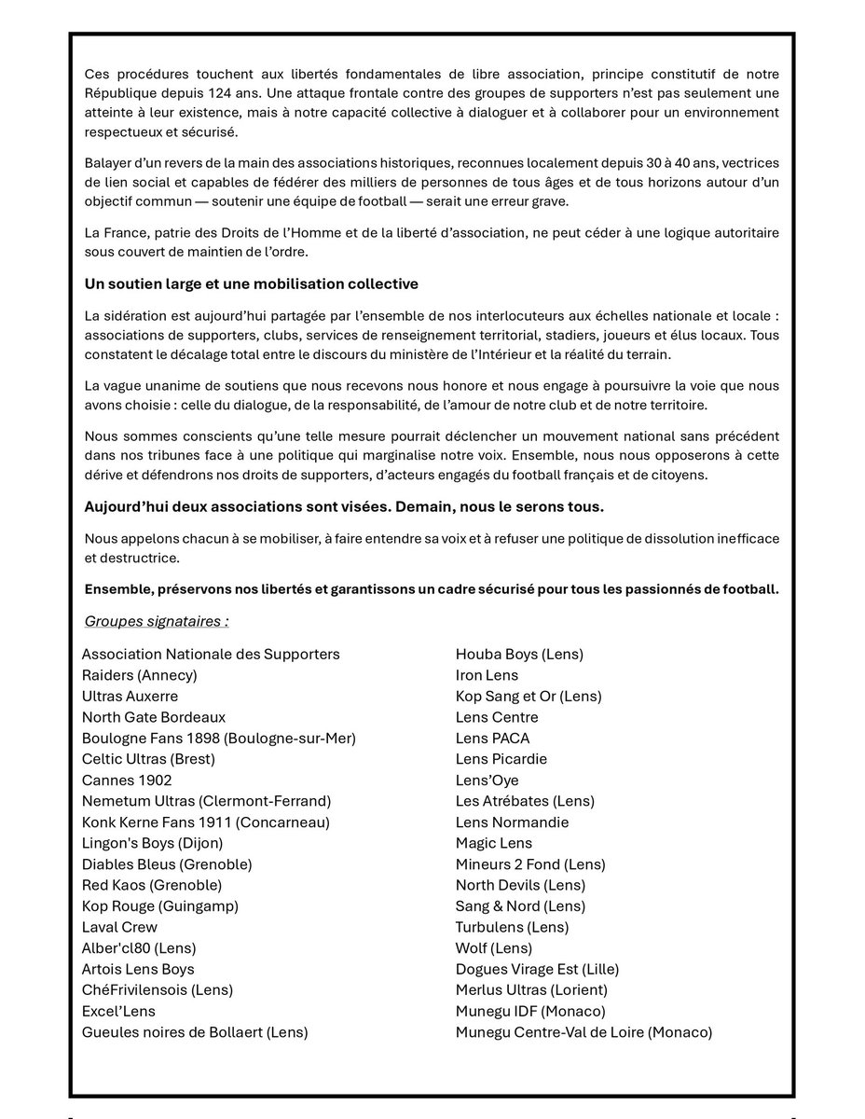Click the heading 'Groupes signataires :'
pos(157,621)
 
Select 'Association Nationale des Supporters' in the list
pos(211,655)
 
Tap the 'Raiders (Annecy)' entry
pos(140,675)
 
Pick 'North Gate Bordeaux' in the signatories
pos(154,717)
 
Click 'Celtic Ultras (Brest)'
pos(148,759)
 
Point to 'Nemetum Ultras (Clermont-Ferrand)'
pos(206,801)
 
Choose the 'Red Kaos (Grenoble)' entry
pos(152,885)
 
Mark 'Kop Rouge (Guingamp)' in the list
pos(160,906)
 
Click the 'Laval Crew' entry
pos(119,927)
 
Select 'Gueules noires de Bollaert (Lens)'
pos(195,1032)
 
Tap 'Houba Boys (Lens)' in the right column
pos(519,655)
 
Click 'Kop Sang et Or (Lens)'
pos(529,697)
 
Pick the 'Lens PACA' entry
pos(492,739)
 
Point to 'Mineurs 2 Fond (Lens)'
pos(530,864)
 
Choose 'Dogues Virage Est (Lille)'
pos(537,969)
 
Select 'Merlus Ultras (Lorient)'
pos(531,990)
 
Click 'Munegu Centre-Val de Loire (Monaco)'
pos(584,1032)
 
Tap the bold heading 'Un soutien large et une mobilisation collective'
pos(252,283)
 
